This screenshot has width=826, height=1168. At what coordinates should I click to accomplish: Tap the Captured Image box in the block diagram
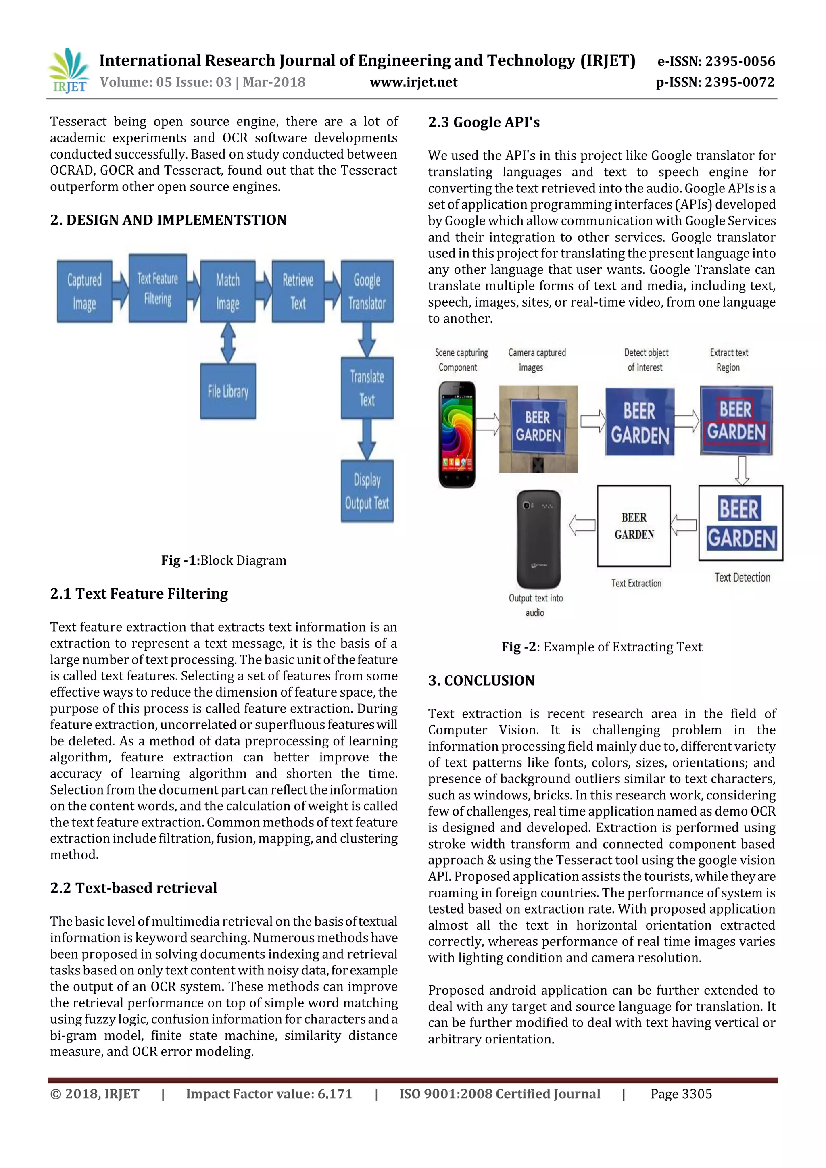84,292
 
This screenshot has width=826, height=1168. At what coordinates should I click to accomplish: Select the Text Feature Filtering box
158,288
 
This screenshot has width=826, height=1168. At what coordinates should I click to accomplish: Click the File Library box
228,391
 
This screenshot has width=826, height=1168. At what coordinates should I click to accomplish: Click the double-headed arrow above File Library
228,343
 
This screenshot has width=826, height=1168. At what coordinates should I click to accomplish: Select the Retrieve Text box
298,292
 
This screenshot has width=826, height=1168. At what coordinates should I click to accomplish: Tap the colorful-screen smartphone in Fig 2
457,434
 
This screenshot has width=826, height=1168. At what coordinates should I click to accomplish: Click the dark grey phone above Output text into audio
538,539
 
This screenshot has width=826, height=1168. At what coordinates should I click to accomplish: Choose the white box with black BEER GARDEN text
634,526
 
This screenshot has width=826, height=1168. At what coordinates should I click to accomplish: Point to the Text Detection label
742,578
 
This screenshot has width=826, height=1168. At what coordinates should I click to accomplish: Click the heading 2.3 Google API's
484,122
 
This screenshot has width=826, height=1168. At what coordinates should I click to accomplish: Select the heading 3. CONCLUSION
481,681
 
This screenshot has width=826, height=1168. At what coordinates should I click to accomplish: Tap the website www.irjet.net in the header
413,82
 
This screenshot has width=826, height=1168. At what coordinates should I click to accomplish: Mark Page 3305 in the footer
681,1094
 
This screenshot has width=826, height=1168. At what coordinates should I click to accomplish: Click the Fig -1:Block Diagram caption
224,560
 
